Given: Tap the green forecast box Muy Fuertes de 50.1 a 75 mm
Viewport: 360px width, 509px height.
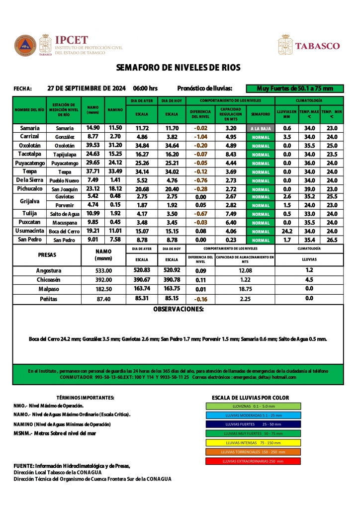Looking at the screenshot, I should (x=294, y=88).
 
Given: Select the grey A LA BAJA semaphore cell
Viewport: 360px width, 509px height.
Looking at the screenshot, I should (x=261, y=128).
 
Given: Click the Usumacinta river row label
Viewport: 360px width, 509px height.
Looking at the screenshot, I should (x=29, y=231).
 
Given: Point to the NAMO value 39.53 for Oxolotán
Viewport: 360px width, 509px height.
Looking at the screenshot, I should (x=93, y=145).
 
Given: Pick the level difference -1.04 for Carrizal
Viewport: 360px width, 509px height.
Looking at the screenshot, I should (x=200, y=137).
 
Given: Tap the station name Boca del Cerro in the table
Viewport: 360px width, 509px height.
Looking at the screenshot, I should (x=64, y=232).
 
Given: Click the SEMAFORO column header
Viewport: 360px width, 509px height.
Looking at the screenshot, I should (x=261, y=114).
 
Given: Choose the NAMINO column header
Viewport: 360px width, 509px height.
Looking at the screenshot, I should (x=115, y=109).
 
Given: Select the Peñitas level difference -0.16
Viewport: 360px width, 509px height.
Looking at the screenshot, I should (x=200, y=299).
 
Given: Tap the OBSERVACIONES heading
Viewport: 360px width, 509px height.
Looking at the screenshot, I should (x=178, y=309).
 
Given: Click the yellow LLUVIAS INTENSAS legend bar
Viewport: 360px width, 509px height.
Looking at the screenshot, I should (x=253, y=442).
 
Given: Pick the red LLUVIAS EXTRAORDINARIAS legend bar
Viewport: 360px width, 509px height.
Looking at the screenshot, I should (x=253, y=461).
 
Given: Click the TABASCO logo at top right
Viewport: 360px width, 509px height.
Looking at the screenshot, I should (x=309, y=45).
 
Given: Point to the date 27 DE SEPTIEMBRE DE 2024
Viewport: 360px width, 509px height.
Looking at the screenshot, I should (x=87, y=88).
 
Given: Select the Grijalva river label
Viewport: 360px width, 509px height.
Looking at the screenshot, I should (x=29, y=201).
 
